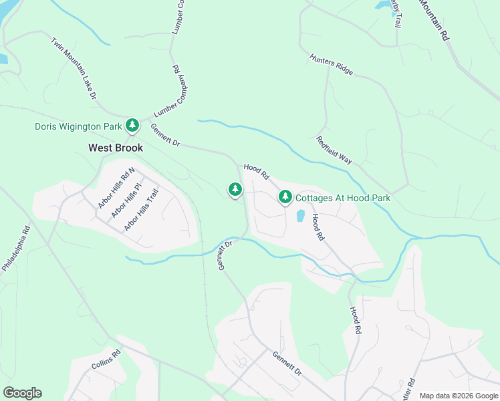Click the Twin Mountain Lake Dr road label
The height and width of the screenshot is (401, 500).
click(74, 69)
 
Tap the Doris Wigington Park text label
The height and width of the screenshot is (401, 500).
click(78, 126)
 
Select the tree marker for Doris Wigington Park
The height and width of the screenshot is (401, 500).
click(133, 125)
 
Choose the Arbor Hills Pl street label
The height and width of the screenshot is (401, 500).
click(127, 200)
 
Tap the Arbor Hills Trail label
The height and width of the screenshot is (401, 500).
click(140, 210)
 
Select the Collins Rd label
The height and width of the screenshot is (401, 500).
click(106, 361)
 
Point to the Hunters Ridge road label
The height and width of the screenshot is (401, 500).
click(331, 65)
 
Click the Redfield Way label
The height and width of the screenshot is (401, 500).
click(334, 150)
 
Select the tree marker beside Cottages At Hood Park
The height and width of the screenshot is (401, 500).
click(285, 196)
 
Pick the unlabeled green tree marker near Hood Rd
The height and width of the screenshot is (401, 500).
click(235, 190)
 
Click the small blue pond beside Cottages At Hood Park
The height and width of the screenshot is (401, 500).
click(300, 216)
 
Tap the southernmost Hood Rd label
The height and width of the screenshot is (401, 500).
click(357, 321)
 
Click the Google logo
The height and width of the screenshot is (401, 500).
click(22, 393)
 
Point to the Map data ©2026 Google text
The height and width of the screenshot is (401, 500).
click(458, 396)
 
